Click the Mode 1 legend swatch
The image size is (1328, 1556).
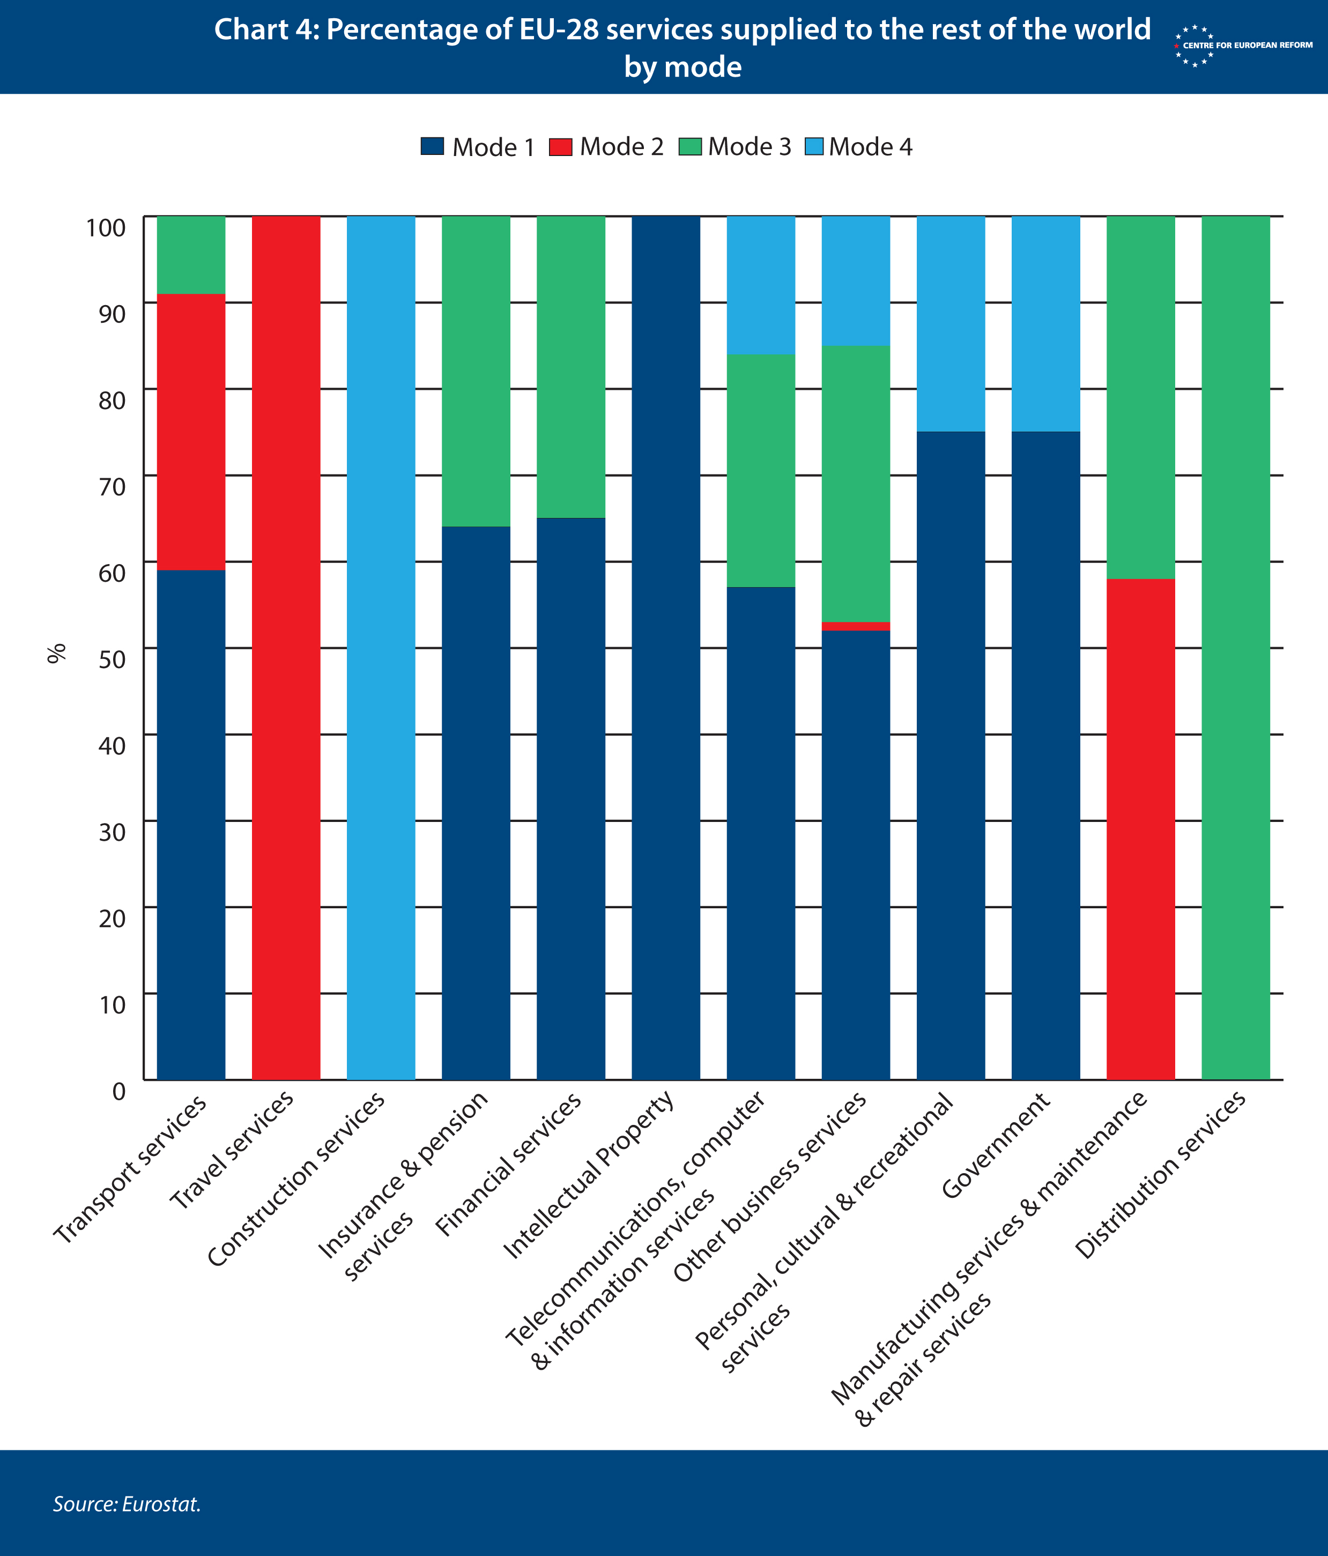pos(433,146)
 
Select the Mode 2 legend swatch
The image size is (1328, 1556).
pos(560,146)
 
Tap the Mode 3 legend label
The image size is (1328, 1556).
pos(749,146)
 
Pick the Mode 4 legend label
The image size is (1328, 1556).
pos(871,146)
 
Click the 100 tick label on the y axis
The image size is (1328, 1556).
pos(106,227)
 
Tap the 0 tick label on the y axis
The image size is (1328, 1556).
pos(118,1091)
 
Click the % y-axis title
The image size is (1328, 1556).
pos(56,653)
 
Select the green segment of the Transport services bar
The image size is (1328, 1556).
pos(191,255)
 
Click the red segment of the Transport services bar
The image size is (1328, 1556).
pos(191,432)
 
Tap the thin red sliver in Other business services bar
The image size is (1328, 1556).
pos(856,626)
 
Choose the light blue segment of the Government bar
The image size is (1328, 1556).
pos(1046,324)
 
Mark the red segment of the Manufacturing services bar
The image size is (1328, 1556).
pos(1141,829)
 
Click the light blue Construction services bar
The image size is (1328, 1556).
pos(381,648)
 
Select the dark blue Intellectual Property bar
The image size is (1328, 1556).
pos(666,648)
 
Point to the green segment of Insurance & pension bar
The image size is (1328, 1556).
pos(476,371)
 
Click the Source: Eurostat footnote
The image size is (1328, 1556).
pos(127,1503)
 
